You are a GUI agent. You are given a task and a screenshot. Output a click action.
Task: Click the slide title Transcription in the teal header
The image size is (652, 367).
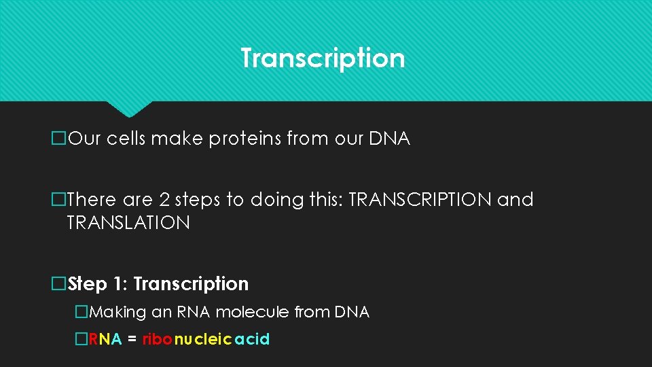coord(323,58)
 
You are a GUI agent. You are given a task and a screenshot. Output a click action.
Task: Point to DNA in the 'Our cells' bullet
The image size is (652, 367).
coord(389,139)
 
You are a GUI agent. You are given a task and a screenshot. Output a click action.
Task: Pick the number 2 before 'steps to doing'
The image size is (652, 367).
coord(165,200)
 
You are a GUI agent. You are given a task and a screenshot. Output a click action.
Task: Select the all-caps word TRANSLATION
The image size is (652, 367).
coord(128,223)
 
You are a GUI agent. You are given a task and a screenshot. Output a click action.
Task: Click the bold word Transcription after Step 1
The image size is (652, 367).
coord(192,283)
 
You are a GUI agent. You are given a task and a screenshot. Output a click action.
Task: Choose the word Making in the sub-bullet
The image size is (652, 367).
coord(117,313)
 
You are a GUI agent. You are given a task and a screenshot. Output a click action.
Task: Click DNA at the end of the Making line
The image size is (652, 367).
coord(352,313)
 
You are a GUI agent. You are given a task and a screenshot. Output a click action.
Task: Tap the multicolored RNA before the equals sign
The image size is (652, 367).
coord(105,339)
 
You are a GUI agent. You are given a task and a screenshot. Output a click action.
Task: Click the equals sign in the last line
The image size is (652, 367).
coord(132,339)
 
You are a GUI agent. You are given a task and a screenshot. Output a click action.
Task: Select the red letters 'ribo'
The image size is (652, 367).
coord(158,339)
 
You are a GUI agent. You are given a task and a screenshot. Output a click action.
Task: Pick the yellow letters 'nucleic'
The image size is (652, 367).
coord(204,339)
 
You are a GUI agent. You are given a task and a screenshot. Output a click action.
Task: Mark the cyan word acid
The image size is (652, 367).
coord(252,339)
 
